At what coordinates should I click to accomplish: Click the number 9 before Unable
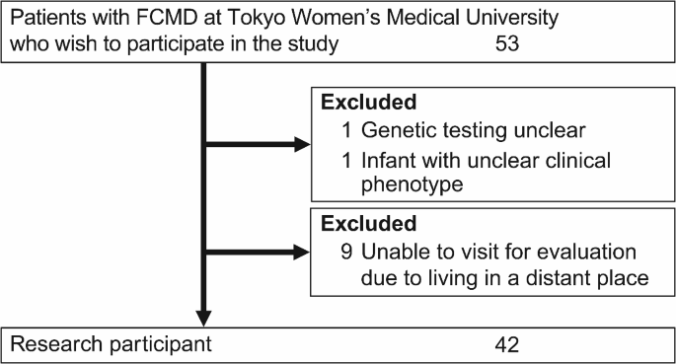coord(345,251)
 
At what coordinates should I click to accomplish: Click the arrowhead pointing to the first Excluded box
coord(301,145)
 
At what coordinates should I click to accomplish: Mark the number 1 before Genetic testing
coord(345,130)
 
